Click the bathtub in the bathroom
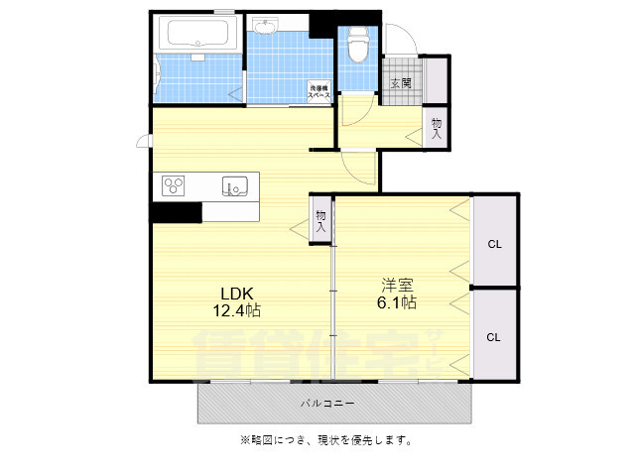pyautogui.click(x=199, y=35)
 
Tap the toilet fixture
pyautogui.click(x=358, y=43)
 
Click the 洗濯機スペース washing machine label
pyautogui.click(x=319, y=88)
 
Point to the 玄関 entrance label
pyautogui.click(x=401, y=83)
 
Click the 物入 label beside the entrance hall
pyautogui.click(x=437, y=127)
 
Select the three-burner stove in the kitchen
pyautogui.click(x=175, y=184)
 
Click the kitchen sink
pyautogui.click(x=235, y=185)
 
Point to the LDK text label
pyautogui.click(x=238, y=294)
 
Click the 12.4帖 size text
pyautogui.click(x=238, y=311)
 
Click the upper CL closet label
pyautogui.click(x=493, y=244)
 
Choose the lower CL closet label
pyautogui.click(x=493, y=336)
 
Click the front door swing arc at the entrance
pyautogui.click(x=404, y=40)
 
